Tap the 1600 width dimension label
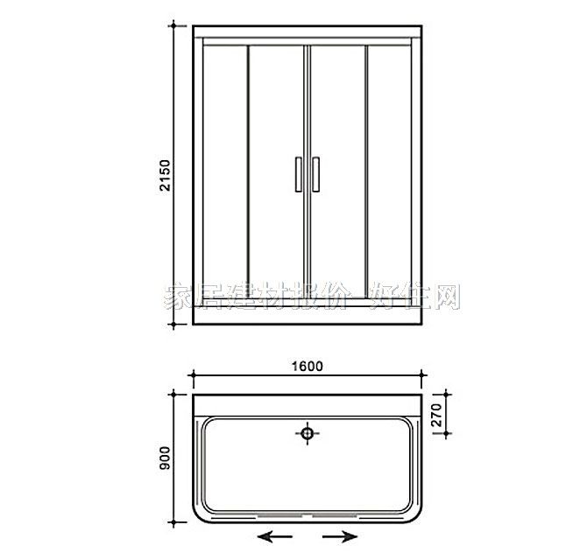pos(307,366)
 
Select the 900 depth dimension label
pos(164,457)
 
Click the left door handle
pos(298,173)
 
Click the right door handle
pos(315,173)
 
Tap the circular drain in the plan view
pos(307,431)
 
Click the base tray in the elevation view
pos(307,315)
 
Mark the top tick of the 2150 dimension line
pos(176,25)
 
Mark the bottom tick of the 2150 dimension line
pos(176,326)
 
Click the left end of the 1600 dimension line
pos(193,378)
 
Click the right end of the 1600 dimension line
pos(421,378)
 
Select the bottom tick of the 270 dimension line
pos(442,432)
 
